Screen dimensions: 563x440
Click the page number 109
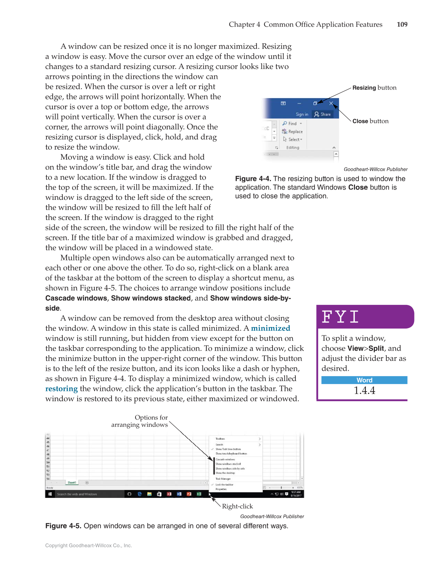tap(402, 24)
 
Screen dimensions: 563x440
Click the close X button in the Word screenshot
tap(331, 103)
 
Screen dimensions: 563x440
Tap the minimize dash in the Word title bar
tap(299, 103)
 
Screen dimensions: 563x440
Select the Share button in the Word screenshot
tap(322, 114)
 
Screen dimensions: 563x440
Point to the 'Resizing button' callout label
tap(374, 88)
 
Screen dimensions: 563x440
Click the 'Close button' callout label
tap(370, 121)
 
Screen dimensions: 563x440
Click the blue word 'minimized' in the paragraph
tap(270, 328)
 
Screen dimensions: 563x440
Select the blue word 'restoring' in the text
tap(61, 389)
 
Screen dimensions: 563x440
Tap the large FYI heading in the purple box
tap(340, 317)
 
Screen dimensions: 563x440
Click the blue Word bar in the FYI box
tap(364, 380)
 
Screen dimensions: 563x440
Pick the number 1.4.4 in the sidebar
tap(364, 391)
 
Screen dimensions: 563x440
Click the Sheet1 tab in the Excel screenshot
tap(72, 482)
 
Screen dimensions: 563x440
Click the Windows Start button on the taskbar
tap(50, 494)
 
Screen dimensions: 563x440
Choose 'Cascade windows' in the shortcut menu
tap(225, 459)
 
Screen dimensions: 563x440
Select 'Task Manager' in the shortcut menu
tap(223, 479)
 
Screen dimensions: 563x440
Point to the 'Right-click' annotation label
tap(237, 506)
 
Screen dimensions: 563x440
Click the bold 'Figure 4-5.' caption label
tap(63, 526)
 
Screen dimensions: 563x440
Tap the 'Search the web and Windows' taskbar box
tap(77, 494)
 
